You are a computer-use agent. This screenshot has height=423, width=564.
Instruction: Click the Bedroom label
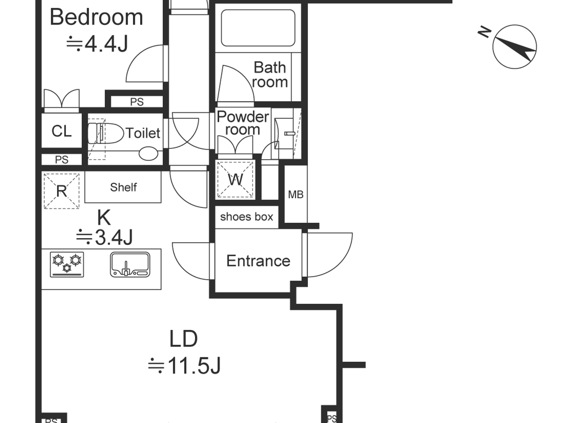[96, 17]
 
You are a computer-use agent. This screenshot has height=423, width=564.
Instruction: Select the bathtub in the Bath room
[258, 28]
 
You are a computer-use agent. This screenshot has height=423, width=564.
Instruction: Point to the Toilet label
[143, 133]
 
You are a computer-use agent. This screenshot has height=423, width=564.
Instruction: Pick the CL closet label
[61, 131]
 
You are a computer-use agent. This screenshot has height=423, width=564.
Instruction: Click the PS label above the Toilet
[137, 102]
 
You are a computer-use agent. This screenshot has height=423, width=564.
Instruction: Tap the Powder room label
[243, 123]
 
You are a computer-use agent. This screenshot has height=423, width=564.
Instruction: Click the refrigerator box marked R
[62, 191]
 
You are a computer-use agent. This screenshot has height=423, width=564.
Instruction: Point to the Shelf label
[123, 187]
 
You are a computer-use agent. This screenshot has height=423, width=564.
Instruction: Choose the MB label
[296, 195]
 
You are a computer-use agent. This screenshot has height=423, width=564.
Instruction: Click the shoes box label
[247, 217]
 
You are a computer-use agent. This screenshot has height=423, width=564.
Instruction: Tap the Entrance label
[258, 261]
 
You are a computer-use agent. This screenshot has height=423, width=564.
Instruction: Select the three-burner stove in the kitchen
[67, 265]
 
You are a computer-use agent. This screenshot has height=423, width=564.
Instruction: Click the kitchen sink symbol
[130, 265]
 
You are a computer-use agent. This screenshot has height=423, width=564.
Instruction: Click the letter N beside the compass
[485, 32]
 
